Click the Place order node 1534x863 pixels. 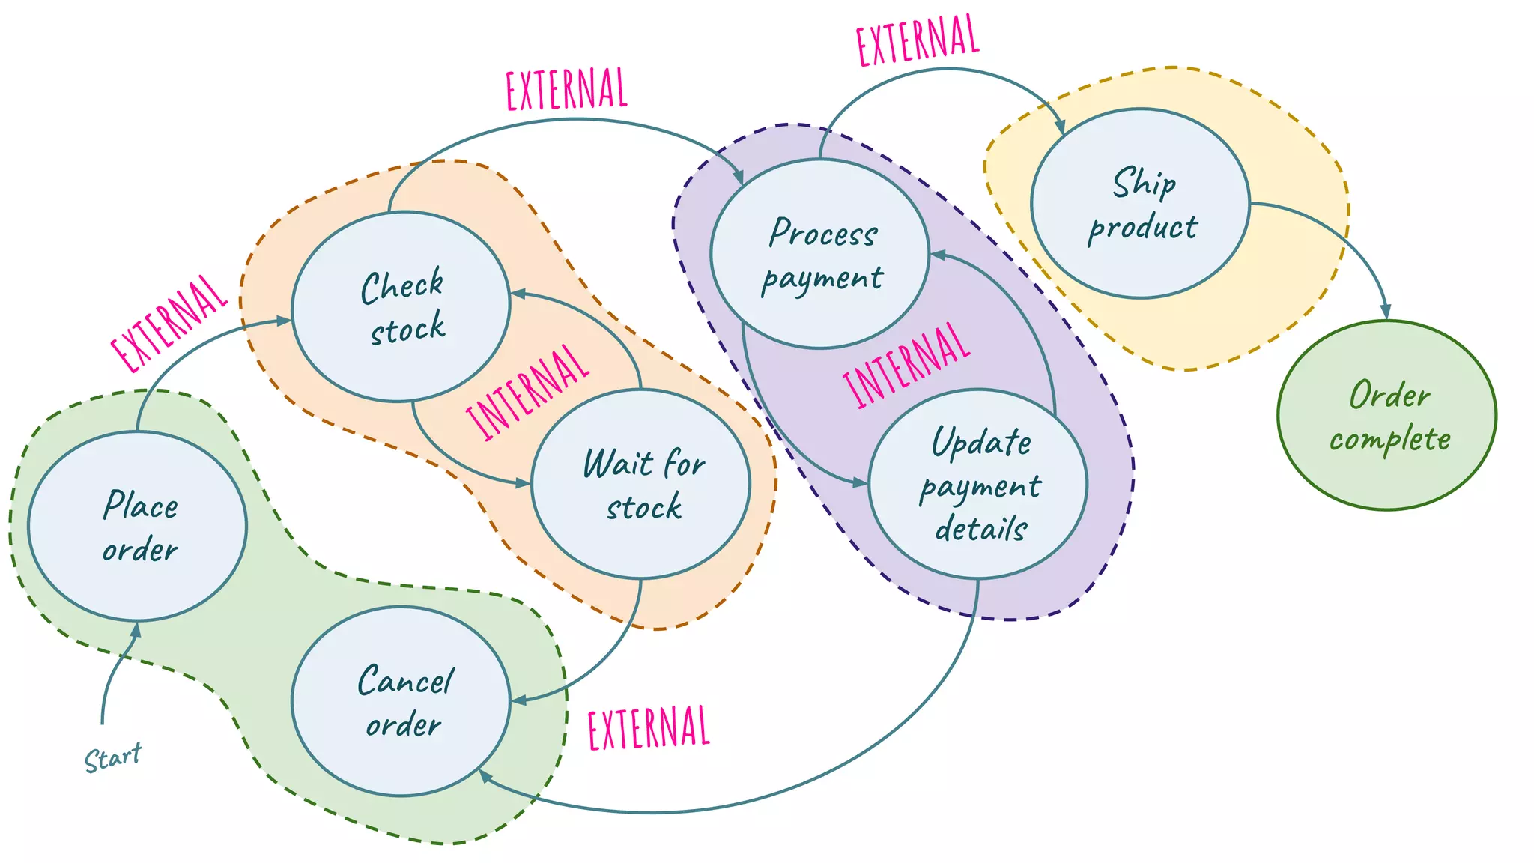pos(138,526)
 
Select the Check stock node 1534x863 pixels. pos(401,307)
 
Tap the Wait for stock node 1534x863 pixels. pos(641,484)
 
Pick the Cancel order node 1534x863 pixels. pos(401,701)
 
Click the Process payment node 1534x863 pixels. pos(820,254)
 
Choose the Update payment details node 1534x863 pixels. pos(978,484)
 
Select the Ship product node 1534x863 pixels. pos(1140,204)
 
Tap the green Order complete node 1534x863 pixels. pos(1387,416)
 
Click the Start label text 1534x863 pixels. pos(112,758)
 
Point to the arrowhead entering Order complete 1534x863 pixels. pos(1386,312)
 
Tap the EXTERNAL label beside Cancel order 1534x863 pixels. pos(649,727)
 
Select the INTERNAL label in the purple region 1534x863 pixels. pos(906,366)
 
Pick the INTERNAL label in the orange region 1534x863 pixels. pos(527,392)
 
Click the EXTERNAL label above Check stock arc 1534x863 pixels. pos(566,89)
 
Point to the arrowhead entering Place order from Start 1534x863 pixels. pos(136,631)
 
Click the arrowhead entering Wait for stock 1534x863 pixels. pos(523,483)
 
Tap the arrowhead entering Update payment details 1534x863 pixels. pos(860,483)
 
